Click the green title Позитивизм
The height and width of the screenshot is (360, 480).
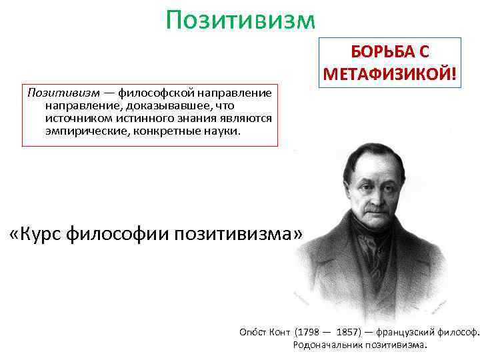(x=240, y=20)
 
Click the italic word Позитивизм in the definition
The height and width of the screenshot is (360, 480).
(x=63, y=93)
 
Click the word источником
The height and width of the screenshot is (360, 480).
(x=76, y=118)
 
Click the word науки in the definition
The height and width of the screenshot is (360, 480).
(x=223, y=131)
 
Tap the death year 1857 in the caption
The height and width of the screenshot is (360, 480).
(x=350, y=332)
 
